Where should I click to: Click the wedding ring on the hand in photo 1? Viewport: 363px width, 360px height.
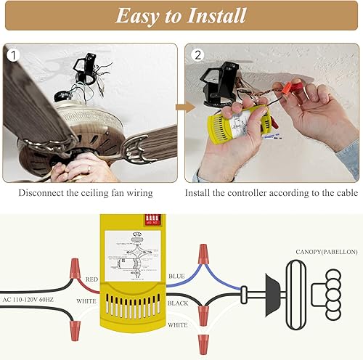tap(88, 168)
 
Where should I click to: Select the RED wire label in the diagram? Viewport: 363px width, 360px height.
tap(92, 278)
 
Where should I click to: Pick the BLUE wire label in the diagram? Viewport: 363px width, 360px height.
tap(176, 276)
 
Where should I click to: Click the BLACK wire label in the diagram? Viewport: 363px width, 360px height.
tap(179, 303)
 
